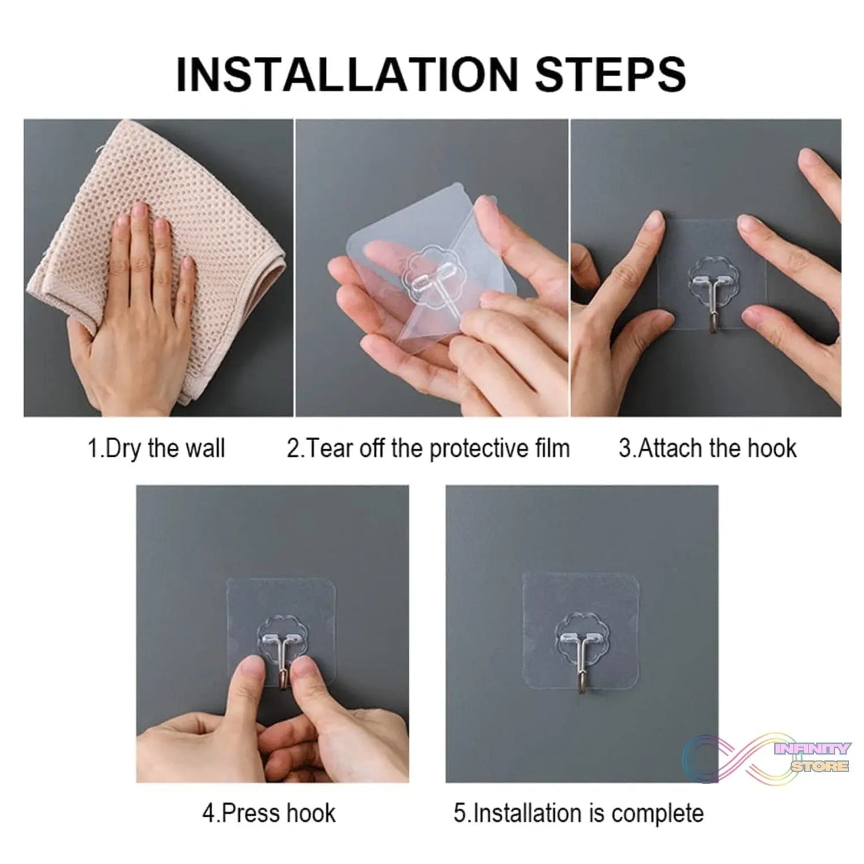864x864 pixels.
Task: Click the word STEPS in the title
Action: [x=610, y=74]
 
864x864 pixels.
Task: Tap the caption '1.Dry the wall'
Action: [x=156, y=448]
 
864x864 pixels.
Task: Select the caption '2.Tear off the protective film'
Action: [x=428, y=448]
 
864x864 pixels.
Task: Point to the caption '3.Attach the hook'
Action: [x=707, y=448]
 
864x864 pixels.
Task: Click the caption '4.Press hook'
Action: [x=268, y=813]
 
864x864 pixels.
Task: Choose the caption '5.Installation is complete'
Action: [x=578, y=813]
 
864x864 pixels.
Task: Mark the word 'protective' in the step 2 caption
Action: [x=477, y=448]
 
